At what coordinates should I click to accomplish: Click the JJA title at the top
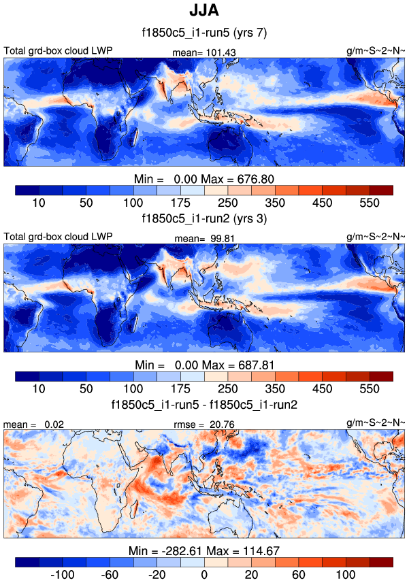pos(204,12)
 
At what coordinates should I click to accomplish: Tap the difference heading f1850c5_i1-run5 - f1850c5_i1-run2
pos(204,404)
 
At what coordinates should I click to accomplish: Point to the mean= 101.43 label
pos(204,52)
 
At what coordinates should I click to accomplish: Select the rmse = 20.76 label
pos(204,424)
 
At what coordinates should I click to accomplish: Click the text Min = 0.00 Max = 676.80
pos(204,179)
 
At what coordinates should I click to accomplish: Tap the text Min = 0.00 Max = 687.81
pos(204,364)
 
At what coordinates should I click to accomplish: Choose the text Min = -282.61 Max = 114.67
pos(204,550)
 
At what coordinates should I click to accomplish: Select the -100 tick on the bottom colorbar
pos(63,574)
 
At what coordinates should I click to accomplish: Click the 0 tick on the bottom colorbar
pos(204,574)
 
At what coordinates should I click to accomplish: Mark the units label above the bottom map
pos(376,424)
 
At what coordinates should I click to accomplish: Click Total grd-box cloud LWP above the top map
pos(58,51)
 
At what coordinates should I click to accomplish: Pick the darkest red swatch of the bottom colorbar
pos(381,561)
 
